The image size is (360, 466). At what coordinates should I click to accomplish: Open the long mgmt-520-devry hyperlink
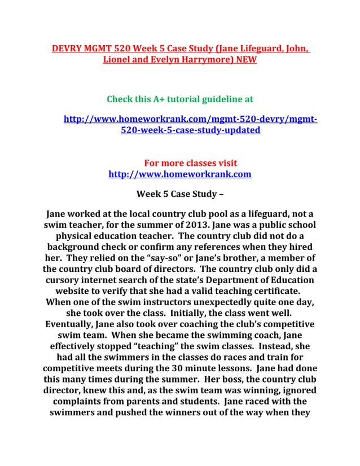(x=190, y=125)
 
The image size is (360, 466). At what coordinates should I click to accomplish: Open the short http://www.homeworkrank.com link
(x=179, y=174)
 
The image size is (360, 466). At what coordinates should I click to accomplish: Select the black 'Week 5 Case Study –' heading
(x=179, y=195)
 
